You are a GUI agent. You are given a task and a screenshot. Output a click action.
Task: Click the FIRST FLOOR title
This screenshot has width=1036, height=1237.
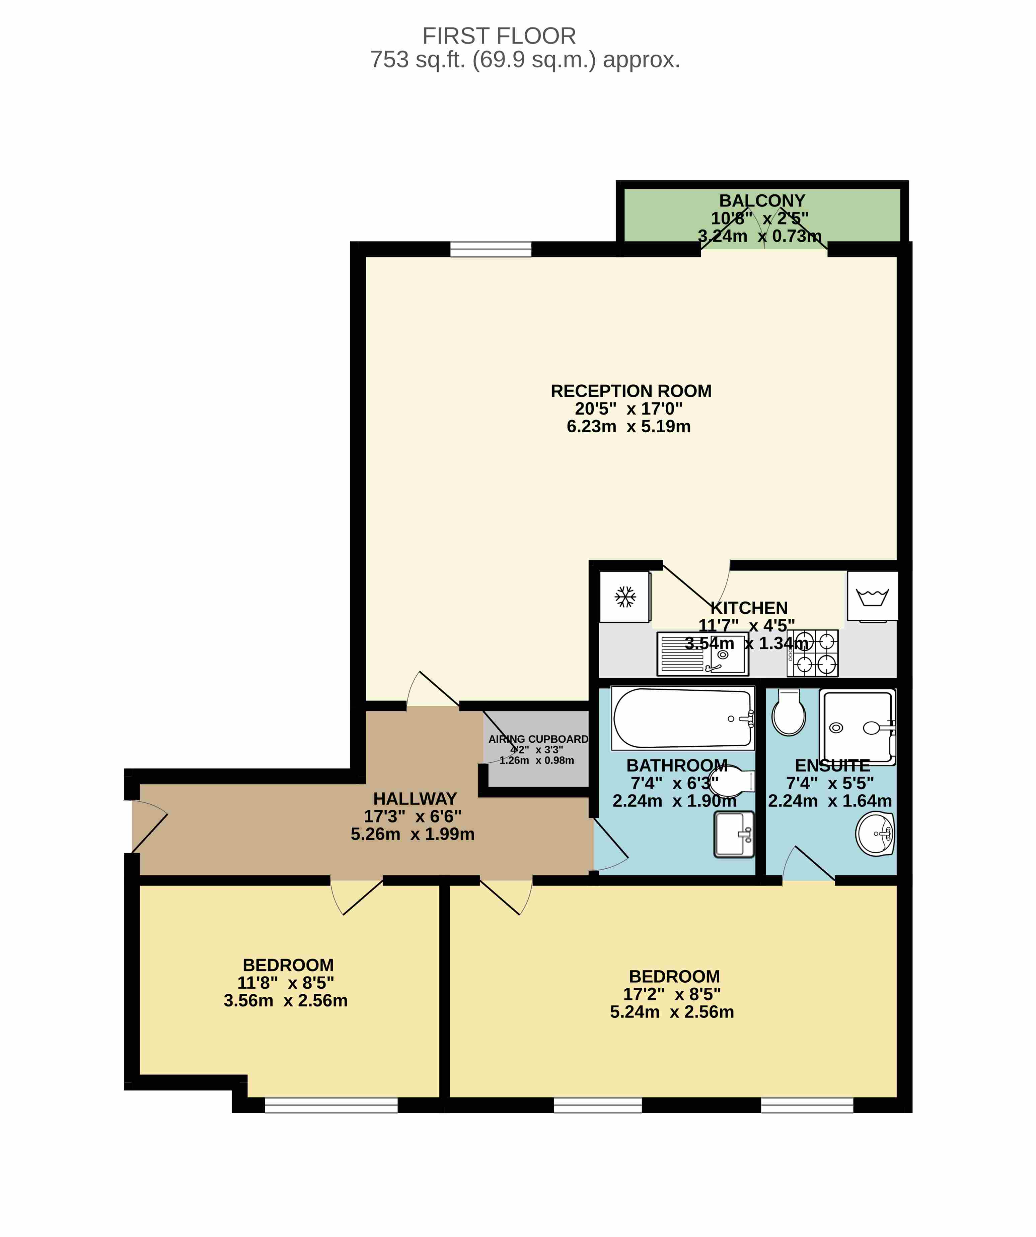(x=499, y=37)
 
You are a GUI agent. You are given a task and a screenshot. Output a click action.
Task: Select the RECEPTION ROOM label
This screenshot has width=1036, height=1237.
(x=631, y=391)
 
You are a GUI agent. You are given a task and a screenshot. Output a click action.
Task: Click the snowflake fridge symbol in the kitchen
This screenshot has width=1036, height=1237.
(x=625, y=597)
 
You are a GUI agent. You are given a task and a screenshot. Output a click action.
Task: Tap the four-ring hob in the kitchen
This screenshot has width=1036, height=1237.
(x=813, y=653)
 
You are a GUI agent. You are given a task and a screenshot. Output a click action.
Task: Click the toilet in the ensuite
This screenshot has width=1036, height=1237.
(x=789, y=713)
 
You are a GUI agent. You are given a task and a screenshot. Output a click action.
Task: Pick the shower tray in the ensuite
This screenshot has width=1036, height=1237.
(x=858, y=728)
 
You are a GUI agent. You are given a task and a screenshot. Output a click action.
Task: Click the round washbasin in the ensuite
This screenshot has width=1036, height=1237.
(x=875, y=833)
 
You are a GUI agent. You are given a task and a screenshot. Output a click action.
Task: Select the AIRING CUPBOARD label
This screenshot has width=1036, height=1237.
(x=538, y=739)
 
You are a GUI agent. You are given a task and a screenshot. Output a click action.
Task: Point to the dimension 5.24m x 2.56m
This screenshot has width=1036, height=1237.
(x=672, y=1012)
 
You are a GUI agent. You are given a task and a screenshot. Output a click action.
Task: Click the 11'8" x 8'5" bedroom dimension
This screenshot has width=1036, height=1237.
(x=286, y=983)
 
